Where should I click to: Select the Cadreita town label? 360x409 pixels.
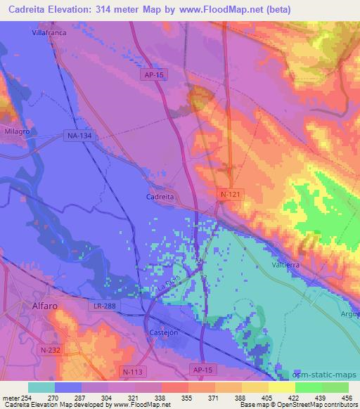[x=160, y=197]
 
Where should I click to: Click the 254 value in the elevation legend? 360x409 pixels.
[x=27, y=397]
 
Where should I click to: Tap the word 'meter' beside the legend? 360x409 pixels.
[x=10, y=397]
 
